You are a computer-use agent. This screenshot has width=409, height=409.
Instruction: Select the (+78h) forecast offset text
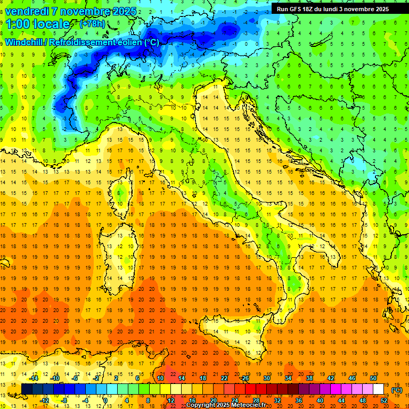click(x=92, y=24)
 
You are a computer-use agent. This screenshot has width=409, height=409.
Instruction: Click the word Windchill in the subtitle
click(x=24, y=42)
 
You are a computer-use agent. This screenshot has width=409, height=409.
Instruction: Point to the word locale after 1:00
click(x=52, y=24)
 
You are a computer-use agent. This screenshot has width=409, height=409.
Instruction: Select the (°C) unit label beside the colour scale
click(x=397, y=390)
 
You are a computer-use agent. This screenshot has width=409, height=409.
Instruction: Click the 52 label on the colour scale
click(x=384, y=400)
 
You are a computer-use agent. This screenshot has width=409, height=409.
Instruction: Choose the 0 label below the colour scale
click(x=106, y=400)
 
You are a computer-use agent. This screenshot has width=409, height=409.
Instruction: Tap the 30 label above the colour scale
click(x=266, y=378)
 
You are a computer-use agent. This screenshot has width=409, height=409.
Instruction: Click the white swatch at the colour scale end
click(x=378, y=389)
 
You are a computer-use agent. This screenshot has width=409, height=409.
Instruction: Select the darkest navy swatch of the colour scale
click(x=27, y=389)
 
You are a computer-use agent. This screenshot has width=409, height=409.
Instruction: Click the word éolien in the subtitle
click(x=127, y=42)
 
